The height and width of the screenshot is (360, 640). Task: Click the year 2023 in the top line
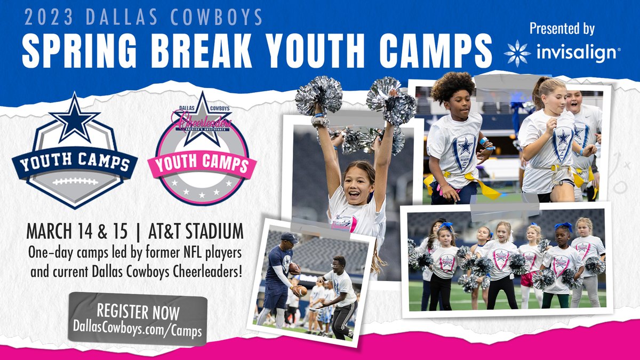click(x=50, y=18)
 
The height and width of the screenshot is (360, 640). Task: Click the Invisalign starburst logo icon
click(x=517, y=53)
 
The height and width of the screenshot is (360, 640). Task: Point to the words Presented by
click(x=562, y=29)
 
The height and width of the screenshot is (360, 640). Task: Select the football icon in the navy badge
click(x=75, y=181)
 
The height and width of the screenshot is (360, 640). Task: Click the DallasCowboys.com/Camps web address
click(x=138, y=330)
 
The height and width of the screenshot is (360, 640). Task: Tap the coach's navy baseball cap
click(x=289, y=238)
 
